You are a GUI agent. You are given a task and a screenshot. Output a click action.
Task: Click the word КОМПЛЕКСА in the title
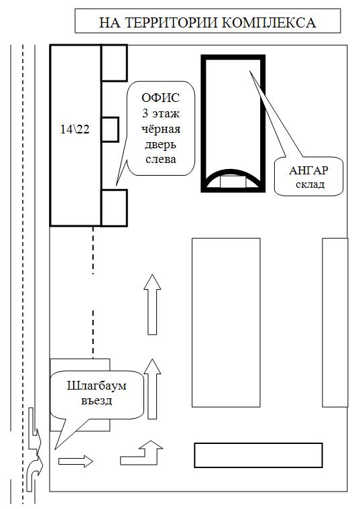coord(268,23)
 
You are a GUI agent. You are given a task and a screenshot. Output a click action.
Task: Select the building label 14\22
coord(75,129)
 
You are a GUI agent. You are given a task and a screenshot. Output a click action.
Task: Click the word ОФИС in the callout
coord(161,98)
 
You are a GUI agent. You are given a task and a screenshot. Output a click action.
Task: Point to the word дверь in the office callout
coord(160,144)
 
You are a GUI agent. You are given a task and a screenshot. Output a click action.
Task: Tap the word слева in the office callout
coord(161,160)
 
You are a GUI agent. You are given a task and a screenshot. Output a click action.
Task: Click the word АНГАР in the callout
coord(308,171)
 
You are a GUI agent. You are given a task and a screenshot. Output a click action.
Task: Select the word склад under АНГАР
coord(310,184)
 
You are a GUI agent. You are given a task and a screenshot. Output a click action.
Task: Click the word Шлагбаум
coord(97,386)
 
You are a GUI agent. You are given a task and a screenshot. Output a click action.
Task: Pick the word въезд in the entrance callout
coord(97,400)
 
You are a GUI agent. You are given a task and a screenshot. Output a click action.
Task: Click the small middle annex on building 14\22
coord(110,129)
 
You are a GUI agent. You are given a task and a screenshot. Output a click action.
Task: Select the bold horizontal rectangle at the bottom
coord(258,455)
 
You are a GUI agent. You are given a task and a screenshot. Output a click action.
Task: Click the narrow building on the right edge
coord(335,323)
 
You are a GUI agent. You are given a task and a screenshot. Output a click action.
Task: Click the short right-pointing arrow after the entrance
coord(76,461)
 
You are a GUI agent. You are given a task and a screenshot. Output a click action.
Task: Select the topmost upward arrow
coord(152,304)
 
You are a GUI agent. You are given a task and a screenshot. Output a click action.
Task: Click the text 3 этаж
coord(161,113)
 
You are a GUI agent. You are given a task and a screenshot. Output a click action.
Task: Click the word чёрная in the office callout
coord(161,129)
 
